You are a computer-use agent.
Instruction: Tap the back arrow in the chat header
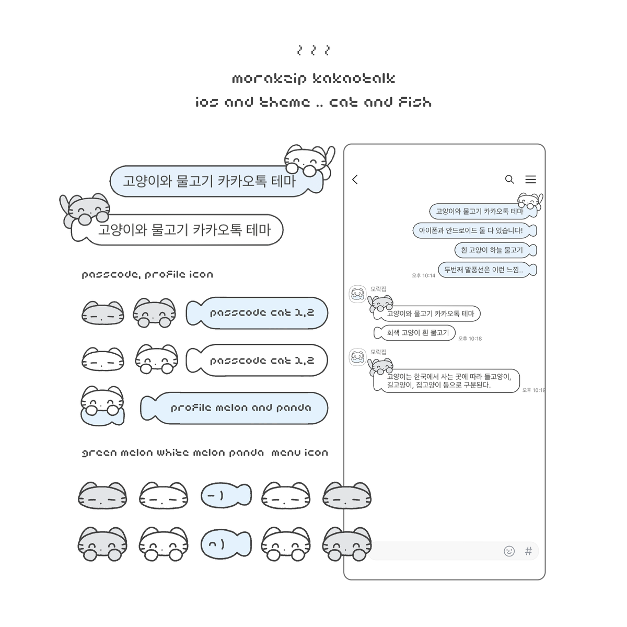[355, 180]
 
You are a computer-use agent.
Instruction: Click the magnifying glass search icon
[509, 179]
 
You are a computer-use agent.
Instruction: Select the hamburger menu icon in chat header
[530, 179]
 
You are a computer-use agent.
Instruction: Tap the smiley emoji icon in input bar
[509, 551]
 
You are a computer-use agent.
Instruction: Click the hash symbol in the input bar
[528, 551]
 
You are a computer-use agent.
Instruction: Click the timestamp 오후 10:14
[423, 275]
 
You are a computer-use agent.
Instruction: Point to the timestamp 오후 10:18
[470, 339]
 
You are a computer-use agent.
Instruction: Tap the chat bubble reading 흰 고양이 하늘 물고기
[494, 250]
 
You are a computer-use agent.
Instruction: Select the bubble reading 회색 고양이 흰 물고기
[415, 333]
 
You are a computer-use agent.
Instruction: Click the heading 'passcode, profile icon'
[147, 274]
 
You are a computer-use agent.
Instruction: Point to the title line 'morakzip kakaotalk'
[313, 79]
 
